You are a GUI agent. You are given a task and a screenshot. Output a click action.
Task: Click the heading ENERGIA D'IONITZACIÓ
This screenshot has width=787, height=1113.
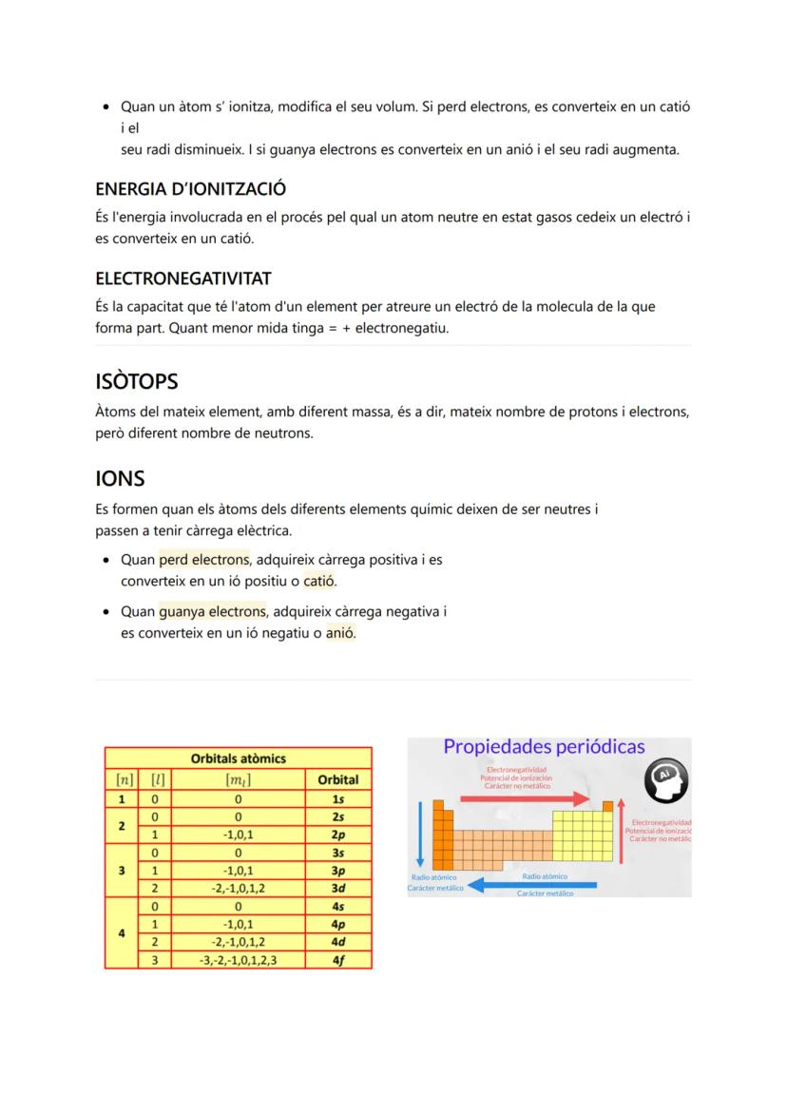191,189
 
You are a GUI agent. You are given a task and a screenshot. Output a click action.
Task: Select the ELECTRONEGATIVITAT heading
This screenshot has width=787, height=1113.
183,278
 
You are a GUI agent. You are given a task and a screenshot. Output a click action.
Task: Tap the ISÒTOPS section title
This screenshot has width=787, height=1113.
137,381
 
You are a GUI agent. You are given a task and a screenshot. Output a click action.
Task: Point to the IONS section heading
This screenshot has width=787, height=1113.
120,478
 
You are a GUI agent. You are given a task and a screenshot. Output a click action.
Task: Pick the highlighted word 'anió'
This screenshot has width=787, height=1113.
340,632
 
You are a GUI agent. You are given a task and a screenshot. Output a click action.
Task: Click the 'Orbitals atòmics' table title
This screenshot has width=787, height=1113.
238,758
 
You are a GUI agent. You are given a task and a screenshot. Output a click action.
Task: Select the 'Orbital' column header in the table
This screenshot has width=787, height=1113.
337,779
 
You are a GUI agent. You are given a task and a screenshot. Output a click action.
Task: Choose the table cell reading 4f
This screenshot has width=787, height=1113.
337,960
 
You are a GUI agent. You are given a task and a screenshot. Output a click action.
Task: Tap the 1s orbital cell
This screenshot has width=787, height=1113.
337,799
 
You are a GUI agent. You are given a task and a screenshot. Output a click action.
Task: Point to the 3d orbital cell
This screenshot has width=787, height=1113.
337,889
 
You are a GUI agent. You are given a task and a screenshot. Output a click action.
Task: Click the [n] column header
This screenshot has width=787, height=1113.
123,779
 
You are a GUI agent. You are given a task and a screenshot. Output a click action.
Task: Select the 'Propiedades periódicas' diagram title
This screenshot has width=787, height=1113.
544,747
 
